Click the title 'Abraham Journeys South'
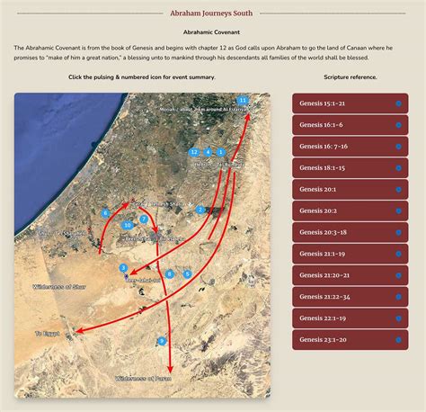(x=212, y=13)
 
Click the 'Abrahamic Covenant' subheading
(x=212, y=32)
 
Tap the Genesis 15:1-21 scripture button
(x=350, y=103)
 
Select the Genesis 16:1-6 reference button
(x=350, y=124)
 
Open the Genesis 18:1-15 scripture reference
(x=350, y=167)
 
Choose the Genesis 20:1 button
(x=350, y=189)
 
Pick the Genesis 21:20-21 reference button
(x=350, y=275)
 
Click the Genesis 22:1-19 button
(x=350, y=318)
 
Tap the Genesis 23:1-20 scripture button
(x=350, y=340)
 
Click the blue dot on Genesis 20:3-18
(x=398, y=232)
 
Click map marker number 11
(x=243, y=100)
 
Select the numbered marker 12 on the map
(x=193, y=153)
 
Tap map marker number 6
(x=106, y=212)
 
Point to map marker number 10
(x=129, y=225)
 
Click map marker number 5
(x=187, y=273)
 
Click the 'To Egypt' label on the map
(x=47, y=334)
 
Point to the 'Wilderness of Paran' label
(x=145, y=379)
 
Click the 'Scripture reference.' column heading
(x=350, y=77)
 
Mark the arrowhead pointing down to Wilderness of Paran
(x=171, y=368)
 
